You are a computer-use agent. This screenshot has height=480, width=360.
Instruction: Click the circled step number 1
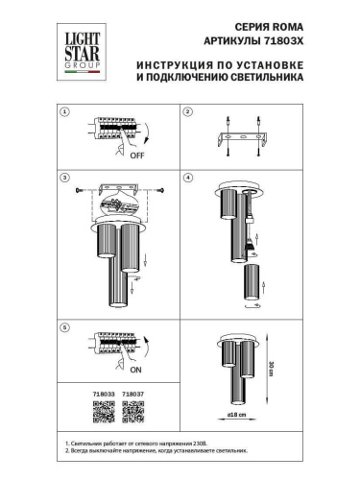pos(64,112)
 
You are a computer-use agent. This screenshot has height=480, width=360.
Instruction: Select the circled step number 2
pos(188,112)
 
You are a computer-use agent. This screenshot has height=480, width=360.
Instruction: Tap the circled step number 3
pos(64,178)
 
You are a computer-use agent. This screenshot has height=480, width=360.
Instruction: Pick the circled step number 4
pos(188,178)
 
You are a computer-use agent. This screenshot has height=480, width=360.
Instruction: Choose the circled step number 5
pos(64,327)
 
